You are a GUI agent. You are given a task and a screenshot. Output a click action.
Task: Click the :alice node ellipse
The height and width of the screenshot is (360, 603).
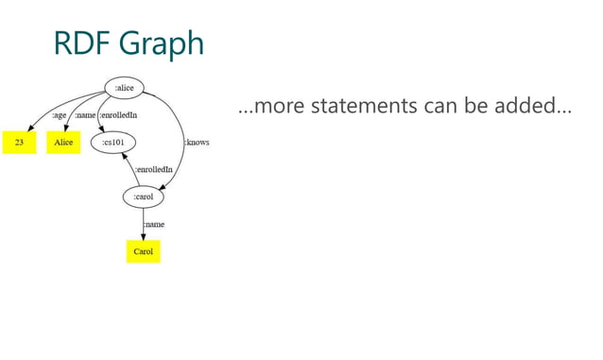click(124, 89)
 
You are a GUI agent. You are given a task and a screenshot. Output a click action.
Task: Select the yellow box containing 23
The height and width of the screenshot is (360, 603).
click(19, 143)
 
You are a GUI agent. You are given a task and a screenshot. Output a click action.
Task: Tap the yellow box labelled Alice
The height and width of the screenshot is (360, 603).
click(63, 143)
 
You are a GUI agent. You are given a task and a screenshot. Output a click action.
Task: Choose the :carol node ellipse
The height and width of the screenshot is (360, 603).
click(144, 197)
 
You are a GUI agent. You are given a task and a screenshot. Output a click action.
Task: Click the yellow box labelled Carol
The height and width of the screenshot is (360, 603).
click(144, 252)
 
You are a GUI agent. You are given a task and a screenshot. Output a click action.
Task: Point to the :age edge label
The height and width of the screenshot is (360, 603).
click(59, 116)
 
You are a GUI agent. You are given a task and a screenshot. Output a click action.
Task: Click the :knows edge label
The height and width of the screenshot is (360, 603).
click(197, 143)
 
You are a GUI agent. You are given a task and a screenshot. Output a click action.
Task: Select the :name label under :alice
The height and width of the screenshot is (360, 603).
click(85, 116)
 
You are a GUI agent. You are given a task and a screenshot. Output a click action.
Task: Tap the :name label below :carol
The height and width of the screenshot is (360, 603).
click(154, 225)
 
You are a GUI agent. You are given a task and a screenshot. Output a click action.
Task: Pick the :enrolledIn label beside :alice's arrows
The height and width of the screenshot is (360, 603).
click(120, 116)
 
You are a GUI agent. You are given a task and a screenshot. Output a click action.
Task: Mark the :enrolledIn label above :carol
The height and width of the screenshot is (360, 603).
click(154, 170)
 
